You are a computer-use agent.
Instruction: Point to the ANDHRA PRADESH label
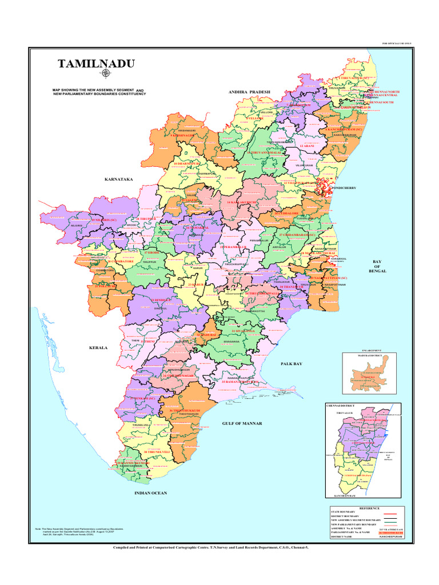tap(249, 91)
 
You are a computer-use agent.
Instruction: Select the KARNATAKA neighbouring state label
tap(118, 179)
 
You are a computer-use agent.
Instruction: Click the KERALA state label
tap(98, 347)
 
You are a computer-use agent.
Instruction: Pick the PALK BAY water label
tap(291, 363)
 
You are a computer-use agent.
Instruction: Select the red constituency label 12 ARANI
tap(307, 146)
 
